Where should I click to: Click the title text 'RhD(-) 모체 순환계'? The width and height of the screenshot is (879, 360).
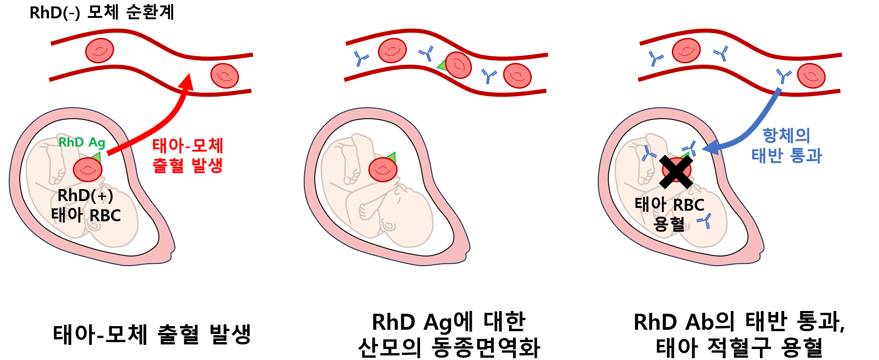102,12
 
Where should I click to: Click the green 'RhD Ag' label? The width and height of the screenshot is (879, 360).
82,142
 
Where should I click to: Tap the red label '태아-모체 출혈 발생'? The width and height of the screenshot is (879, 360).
188,156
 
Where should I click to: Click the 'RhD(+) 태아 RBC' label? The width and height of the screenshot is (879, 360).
86,205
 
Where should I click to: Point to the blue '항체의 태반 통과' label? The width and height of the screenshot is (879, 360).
786,145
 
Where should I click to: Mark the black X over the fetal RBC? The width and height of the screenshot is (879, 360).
676,172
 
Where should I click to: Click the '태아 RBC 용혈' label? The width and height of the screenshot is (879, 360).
669,214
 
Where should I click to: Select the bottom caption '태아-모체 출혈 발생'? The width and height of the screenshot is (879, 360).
152,334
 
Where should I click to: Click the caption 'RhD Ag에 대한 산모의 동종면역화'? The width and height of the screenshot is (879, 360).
449,334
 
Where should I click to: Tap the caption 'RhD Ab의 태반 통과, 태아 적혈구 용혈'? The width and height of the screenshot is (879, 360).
739,334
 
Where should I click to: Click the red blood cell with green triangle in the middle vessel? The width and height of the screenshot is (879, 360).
458,65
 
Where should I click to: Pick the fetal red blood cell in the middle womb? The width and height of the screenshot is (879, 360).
383,169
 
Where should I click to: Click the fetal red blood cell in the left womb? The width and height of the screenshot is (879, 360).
87,169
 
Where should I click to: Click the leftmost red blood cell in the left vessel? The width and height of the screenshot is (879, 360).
99,50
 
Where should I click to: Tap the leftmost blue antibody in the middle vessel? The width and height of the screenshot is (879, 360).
361,59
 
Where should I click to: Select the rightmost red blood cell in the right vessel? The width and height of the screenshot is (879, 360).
811,76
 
